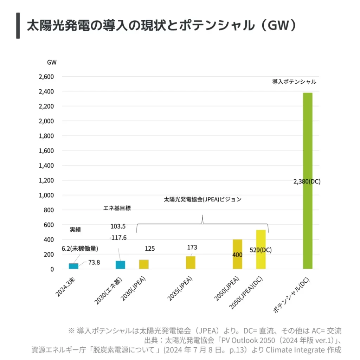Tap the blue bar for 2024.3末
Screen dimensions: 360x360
73,266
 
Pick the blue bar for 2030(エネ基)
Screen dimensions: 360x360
120,265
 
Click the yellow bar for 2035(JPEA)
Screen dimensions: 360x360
191,263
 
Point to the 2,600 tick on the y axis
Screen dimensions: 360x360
46,77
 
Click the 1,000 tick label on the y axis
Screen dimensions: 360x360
46,195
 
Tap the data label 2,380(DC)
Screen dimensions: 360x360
307,182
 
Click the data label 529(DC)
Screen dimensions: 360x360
260,250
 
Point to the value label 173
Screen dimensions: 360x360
192,247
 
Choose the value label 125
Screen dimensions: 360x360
150,249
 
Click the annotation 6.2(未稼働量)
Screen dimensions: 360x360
80,249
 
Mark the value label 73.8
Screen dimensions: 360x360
94,262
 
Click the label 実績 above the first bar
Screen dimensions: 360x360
75,230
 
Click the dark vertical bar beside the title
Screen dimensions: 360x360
18,26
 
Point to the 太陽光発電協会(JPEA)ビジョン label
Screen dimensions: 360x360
203,199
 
